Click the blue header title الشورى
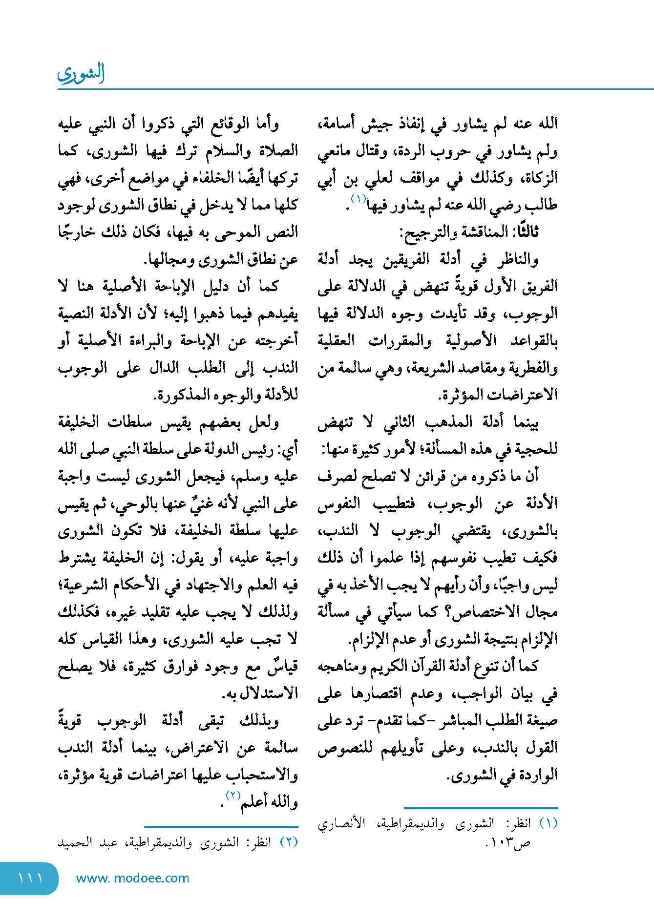coord(81,73)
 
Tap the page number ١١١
coord(30,878)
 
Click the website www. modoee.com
coord(132,878)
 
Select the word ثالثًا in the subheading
coord(525,231)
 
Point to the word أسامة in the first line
coord(337,123)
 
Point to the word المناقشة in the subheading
coord(477,231)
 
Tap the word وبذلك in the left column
coord(260,720)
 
